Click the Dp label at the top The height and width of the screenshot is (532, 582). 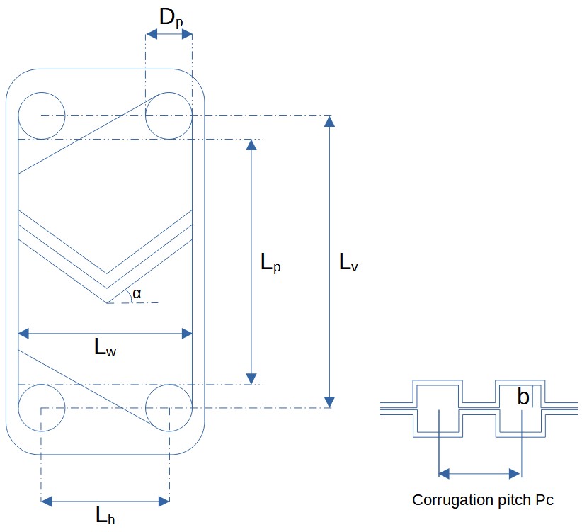click(x=170, y=18)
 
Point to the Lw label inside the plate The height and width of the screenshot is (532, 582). click(x=105, y=348)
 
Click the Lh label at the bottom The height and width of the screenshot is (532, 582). click(x=105, y=516)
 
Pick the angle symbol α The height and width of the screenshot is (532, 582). click(x=137, y=293)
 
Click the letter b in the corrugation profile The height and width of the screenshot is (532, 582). click(x=523, y=397)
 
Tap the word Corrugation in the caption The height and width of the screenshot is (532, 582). click(x=448, y=500)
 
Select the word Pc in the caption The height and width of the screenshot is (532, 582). click(x=544, y=500)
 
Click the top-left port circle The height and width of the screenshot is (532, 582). click(x=41, y=115)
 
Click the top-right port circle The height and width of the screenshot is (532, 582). click(x=169, y=115)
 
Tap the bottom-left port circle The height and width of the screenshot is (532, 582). click(x=41, y=408)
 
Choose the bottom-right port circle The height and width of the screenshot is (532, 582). click(x=169, y=408)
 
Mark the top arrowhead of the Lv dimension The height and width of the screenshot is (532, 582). click(x=328, y=121)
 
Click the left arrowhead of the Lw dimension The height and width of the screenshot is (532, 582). click(x=23, y=333)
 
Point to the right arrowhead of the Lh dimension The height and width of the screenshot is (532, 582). click(x=164, y=502)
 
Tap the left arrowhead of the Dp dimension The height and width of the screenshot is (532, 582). click(x=150, y=33)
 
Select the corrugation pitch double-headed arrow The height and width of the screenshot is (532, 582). click(x=480, y=473)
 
